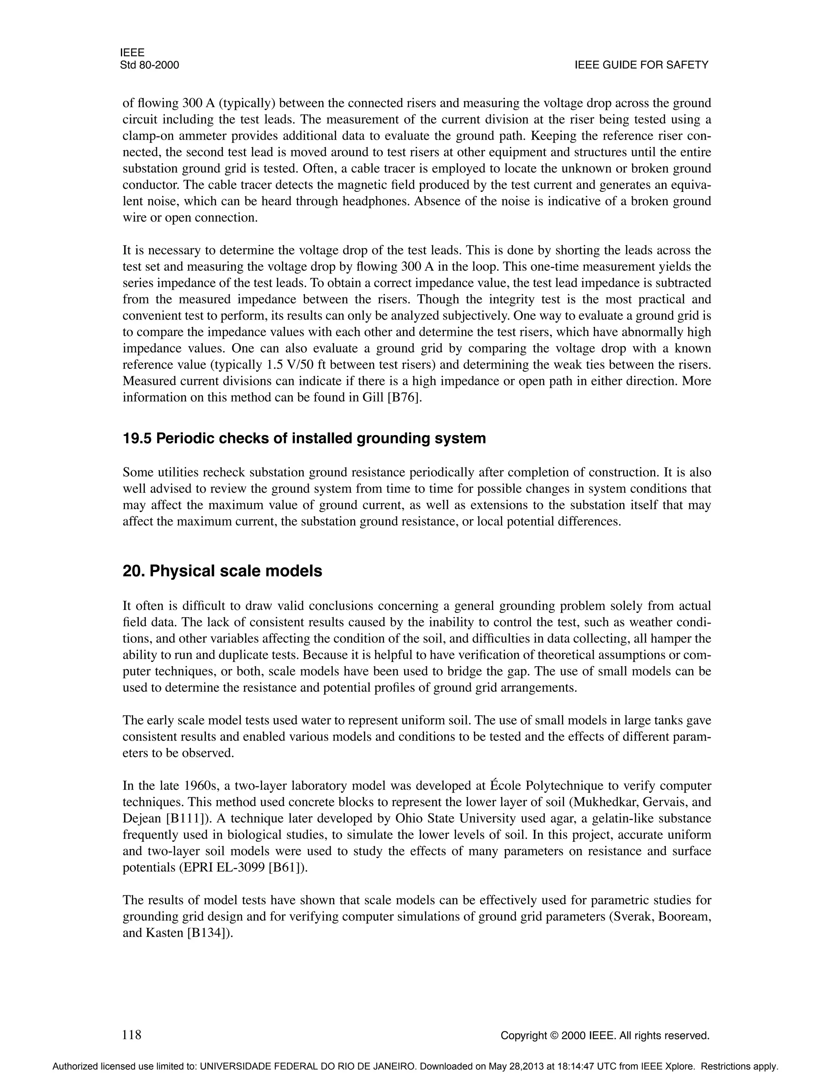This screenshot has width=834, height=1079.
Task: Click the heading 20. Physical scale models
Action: (222, 570)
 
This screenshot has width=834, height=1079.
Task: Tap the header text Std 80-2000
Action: (149, 65)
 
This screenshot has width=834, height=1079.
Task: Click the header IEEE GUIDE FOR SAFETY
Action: (641, 65)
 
